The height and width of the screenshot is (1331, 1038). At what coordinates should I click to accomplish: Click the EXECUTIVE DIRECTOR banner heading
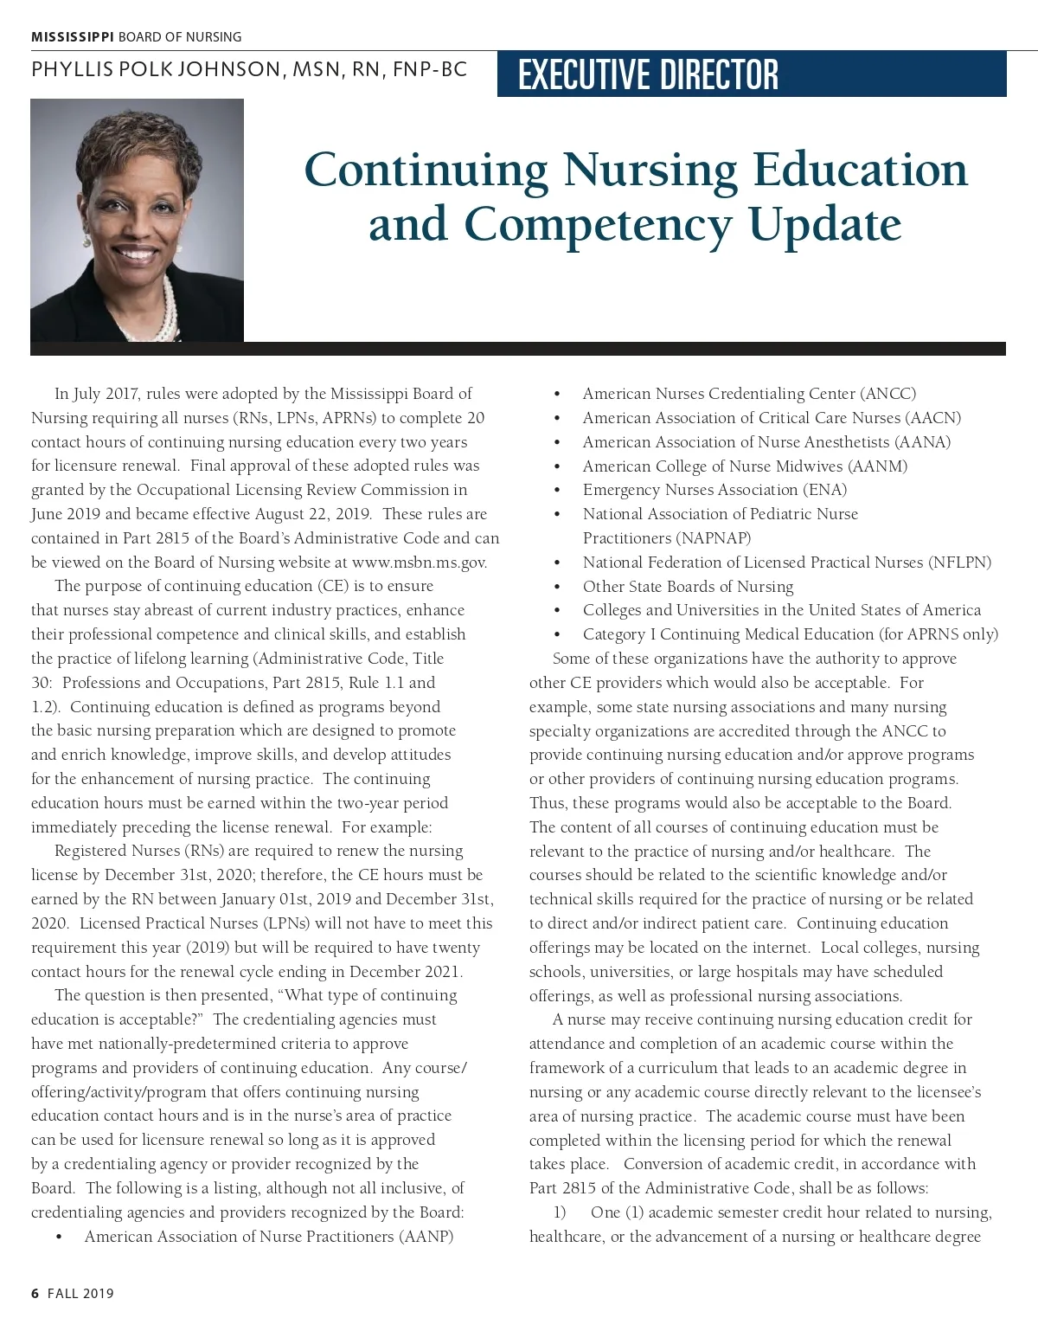[648, 74]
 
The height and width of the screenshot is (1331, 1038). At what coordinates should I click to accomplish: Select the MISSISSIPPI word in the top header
[73, 37]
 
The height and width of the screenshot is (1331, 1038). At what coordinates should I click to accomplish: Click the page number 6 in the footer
[35, 1294]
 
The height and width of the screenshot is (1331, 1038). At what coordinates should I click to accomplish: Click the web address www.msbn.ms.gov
[420, 563]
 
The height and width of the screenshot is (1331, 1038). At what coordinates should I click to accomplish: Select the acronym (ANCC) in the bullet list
[888, 394]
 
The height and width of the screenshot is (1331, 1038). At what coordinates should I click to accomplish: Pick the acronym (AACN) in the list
[933, 418]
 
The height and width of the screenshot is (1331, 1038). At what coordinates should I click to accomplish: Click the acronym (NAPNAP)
[667, 538]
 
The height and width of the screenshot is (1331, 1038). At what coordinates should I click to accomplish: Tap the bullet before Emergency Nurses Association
[557, 491]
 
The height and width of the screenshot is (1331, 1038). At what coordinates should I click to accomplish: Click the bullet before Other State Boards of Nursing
[557, 587]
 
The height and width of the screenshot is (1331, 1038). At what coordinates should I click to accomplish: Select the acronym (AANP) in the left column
[426, 1237]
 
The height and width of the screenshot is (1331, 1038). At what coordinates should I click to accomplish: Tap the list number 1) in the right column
[559, 1212]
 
